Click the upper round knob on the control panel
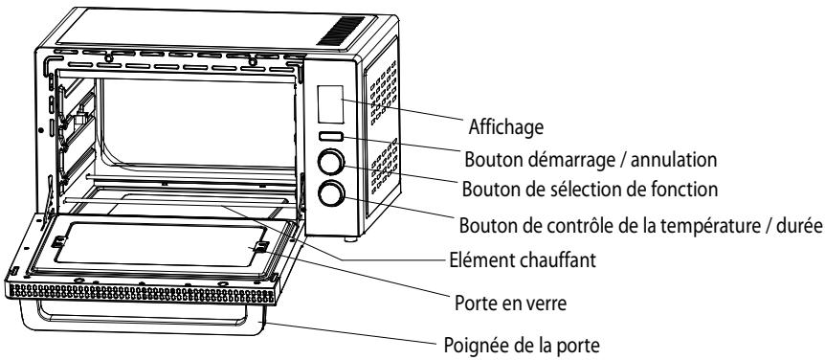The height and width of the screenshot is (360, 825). coord(331,161)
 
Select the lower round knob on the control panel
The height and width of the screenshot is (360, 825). coord(331,193)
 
